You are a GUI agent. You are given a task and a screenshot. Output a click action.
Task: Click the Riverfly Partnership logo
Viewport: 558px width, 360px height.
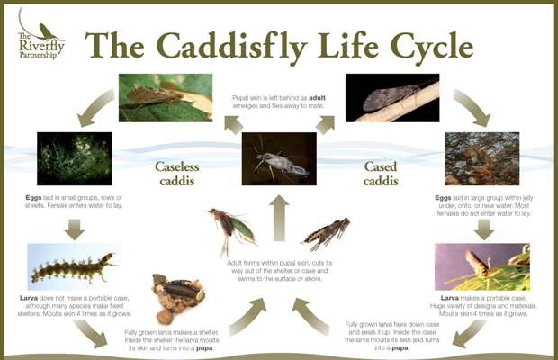click(41, 35)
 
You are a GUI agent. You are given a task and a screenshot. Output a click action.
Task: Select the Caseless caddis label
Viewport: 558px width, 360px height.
click(177, 174)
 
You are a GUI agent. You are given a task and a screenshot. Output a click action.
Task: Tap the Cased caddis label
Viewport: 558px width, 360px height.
click(381, 174)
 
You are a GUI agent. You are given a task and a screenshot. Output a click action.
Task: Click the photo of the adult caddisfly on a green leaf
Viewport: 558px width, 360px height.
click(166, 98)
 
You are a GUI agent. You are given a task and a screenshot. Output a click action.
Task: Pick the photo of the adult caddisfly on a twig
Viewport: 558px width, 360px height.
click(392, 98)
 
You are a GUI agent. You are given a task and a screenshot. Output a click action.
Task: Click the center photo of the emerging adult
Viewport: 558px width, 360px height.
click(279, 158)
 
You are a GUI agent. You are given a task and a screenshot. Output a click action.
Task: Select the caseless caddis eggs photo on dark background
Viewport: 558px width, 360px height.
click(75, 158)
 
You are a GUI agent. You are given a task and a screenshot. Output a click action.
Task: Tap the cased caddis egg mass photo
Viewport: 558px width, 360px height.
click(481, 158)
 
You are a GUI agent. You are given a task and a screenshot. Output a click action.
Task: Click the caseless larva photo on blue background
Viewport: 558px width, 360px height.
click(75, 266)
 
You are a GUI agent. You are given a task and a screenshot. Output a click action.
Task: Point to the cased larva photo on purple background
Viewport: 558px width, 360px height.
click(482, 266)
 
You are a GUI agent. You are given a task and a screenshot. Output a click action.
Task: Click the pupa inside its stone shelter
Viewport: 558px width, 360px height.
click(178, 298)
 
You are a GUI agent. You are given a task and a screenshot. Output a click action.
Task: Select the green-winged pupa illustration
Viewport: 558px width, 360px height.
click(231, 229)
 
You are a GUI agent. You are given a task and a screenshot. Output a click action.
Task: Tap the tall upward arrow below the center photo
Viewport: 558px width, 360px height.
click(279, 218)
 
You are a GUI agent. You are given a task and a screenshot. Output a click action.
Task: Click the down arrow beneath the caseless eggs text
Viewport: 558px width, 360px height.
click(75, 229)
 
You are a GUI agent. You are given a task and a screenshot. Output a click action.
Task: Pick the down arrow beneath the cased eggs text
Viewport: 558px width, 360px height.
click(484, 229)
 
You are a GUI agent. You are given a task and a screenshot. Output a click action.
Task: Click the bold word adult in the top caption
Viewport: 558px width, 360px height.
click(317, 98)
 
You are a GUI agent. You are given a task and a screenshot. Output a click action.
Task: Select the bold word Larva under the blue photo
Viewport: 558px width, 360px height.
click(29, 298)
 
